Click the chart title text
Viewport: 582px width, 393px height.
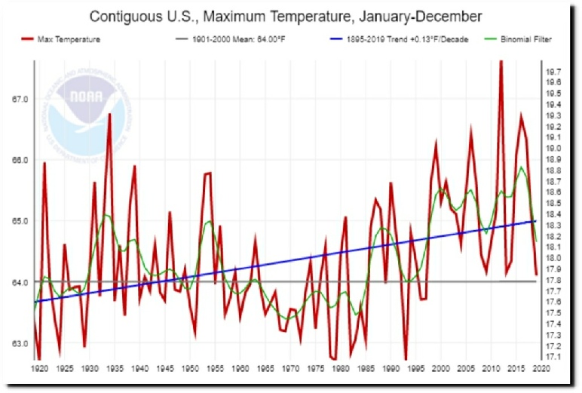pyautogui.click(x=286, y=16)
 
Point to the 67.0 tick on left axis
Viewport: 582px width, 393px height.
pyautogui.click(x=19, y=100)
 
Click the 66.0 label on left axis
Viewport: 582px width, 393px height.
pyautogui.click(x=19, y=161)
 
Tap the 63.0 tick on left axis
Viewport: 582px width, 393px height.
pyautogui.click(x=19, y=343)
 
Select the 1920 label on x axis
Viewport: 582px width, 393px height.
pyautogui.click(x=39, y=370)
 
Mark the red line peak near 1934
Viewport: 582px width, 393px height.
pyautogui.click(x=109, y=115)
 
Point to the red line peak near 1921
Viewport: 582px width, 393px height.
pyautogui.click(x=44, y=163)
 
